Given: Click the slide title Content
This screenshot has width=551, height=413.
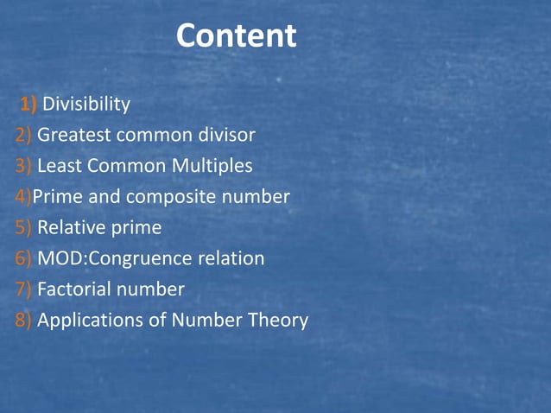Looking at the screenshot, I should tap(236, 36).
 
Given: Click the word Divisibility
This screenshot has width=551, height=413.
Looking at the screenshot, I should tap(86, 105).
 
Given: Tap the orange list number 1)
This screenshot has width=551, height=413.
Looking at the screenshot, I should tap(28, 105).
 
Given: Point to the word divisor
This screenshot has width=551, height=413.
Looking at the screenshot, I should tap(225, 135).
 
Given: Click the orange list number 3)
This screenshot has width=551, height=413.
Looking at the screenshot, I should tap(23, 166).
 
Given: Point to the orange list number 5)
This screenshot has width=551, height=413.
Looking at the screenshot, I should tap(23, 228).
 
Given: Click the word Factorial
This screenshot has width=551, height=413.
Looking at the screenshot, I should tap(73, 289).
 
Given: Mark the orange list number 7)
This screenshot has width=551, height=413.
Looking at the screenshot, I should tap(23, 289).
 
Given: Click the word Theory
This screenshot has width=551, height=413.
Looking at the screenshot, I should tap(277, 321).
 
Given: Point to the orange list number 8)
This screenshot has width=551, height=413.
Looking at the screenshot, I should tap(23, 321).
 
